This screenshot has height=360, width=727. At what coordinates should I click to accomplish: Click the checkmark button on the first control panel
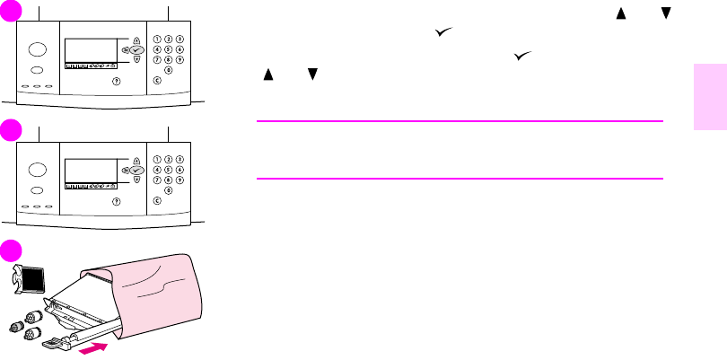tap(136, 51)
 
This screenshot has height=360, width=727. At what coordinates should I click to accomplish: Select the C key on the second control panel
tap(158, 199)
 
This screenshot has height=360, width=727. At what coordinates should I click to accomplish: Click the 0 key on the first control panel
tap(169, 69)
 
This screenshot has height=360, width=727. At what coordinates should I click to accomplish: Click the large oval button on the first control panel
tap(37, 51)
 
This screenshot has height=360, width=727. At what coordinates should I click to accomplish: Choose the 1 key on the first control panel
tap(158, 40)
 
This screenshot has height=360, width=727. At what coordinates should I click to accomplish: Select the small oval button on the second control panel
tap(36, 192)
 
